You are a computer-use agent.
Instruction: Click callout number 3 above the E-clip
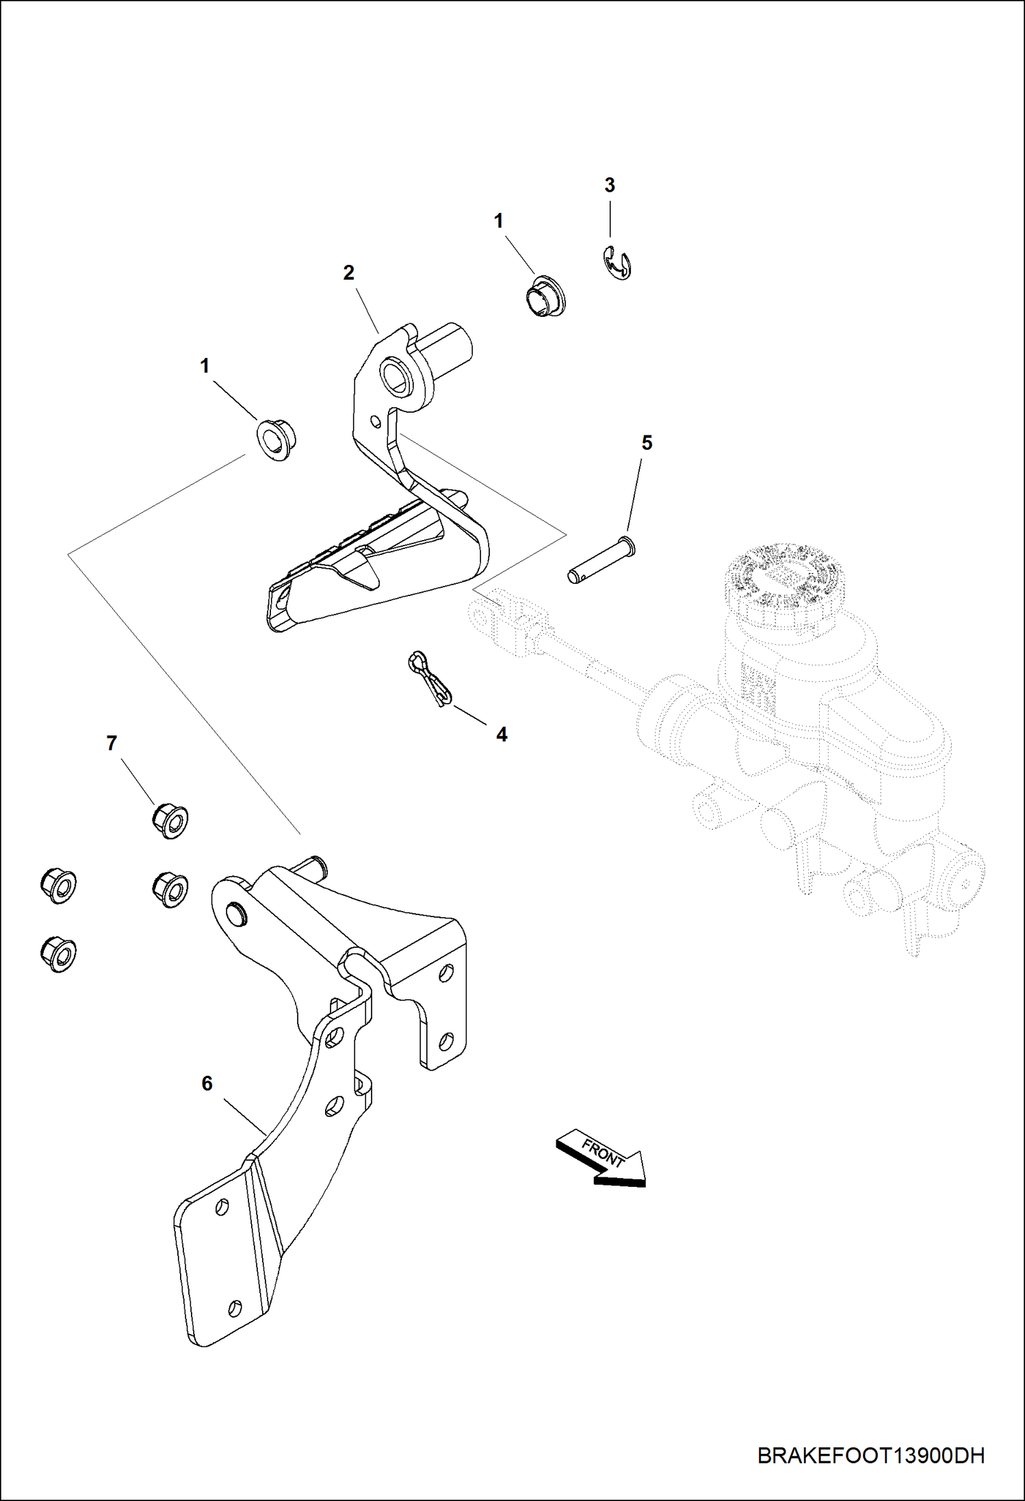pos(609,185)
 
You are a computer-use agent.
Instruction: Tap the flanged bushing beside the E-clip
pos(545,297)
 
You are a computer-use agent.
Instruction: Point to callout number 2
pos(348,273)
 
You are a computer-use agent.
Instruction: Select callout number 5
pos(646,443)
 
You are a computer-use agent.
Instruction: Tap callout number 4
pos(502,735)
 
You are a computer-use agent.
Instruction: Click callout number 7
pos(112,743)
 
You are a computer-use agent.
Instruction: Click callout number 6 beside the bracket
pos(207,1083)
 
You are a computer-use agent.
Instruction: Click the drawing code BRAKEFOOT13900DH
pos(870,1455)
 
